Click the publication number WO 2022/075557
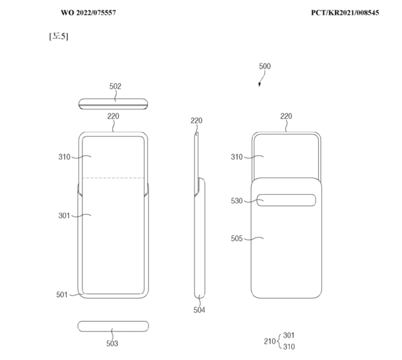[88, 13]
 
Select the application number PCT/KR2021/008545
[345, 13]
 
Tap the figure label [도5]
[59, 36]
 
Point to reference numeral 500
[264, 66]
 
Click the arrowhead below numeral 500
[259, 84]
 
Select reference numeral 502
[115, 87]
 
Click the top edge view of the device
[113, 104]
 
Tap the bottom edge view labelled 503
[113, 326]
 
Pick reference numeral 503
[112, 343]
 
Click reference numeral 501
[62, 295]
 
